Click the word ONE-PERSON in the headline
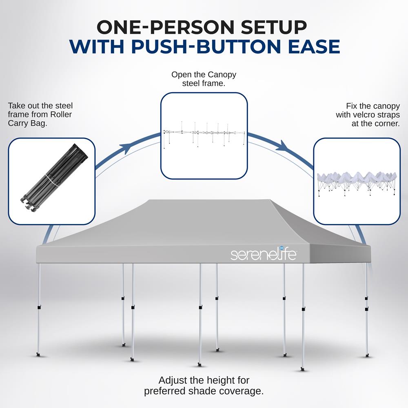[x=165, y=27]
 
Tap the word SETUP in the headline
[x=273, y=27]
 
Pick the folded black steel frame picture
[x=54, y=178]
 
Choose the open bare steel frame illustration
[x=204, y=135]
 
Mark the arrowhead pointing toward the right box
[x=283, y=146]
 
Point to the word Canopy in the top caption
[x=223, y=75]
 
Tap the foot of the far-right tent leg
[x=367, y=355]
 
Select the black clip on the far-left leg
[x=39, y=308]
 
